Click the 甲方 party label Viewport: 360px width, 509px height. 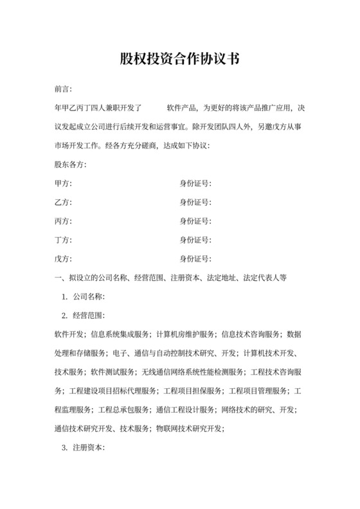click(x=64, y=184)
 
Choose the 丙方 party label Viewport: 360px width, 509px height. click(x=64, y=222)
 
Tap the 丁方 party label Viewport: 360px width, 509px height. click(x=64, y=240)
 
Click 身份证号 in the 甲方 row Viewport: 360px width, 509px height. click(x=195, y=184)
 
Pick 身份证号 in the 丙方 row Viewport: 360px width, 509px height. click(x=195, y=222)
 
